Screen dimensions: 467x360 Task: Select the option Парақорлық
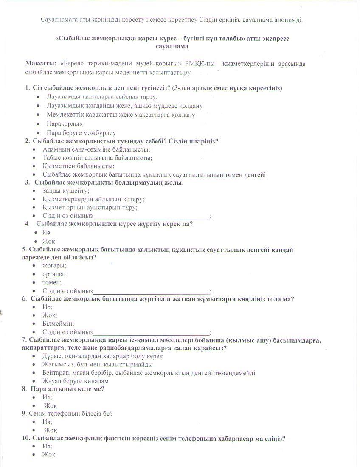(65, 124)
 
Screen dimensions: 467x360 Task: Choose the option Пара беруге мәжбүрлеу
(81, 132)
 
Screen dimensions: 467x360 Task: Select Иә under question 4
(46, 232)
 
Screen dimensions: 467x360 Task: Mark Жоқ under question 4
(49, 241)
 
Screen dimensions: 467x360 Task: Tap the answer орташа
(54, 274)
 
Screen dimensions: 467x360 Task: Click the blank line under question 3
(151, 217)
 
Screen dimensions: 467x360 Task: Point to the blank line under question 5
(151, 292)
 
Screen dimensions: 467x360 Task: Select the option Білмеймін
(59, 323)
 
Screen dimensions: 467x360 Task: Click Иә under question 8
(47, 397)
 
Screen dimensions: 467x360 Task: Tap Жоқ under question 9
(51, 430)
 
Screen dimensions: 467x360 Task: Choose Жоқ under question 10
(49, 455)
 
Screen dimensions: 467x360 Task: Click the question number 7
(24, 340)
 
